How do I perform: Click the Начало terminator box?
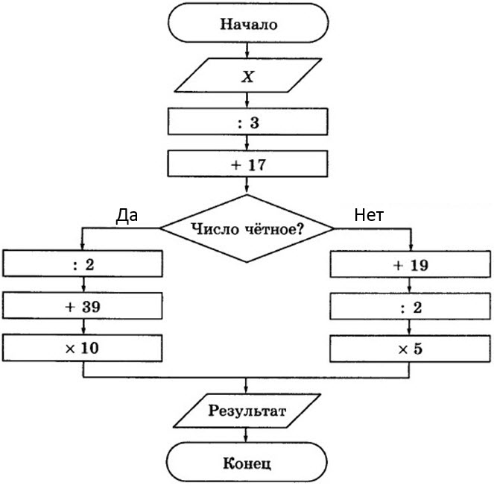pyautogui.click(x=248, y=24)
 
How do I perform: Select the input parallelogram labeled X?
pyautogui.click(x=248, y=76)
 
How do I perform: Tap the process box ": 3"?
pyautogui.click(x=248, y=122)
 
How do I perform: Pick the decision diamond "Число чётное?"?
pyautogui.click(x=248, y=228)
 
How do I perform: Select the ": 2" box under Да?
pyautogui.click(x=83, y=264)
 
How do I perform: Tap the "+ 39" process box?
pyautogui.click(x=83, y=306)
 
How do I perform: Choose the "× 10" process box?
pyautogui.click(x=83, y=348)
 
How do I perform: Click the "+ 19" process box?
pyautogui.click(x=412, y=264)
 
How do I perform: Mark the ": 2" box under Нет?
pyautogui.click(x=412, y=306)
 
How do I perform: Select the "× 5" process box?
pyautogui.click(x=412, y=348)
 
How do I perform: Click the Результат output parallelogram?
pyautogui.click(x=248, y=411)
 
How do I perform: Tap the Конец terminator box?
pyautogui.click(x=248, y=463)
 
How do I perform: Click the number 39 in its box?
pyautogui.click(x=92, y=306)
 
